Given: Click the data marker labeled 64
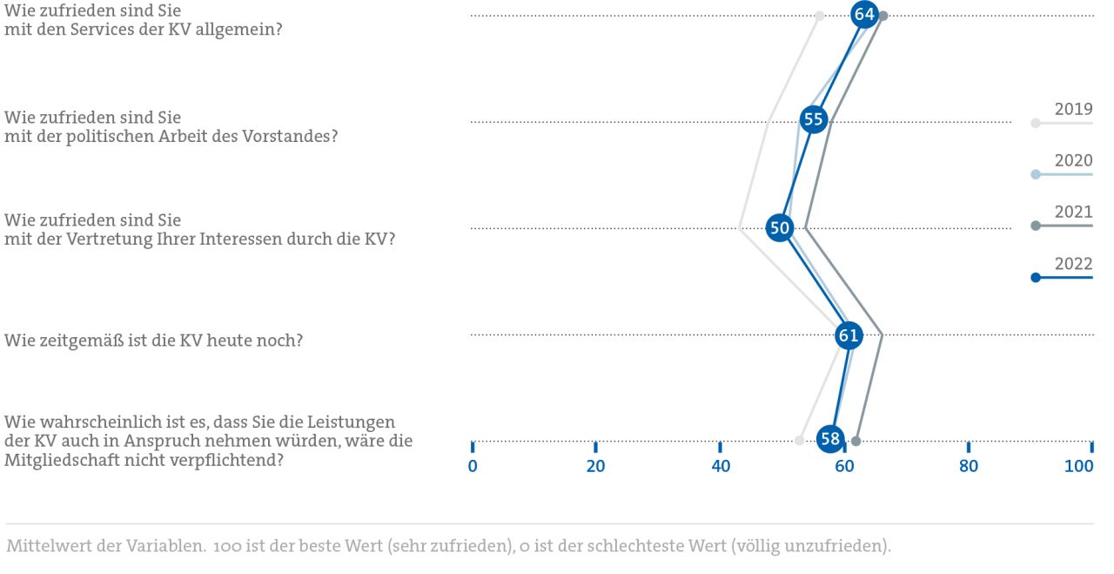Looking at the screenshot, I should click(x=864, y=15).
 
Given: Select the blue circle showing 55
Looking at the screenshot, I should click(x=813, y=120).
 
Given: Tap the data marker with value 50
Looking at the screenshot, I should click(x=780, y=228).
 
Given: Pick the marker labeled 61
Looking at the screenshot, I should click(x=849, y=335).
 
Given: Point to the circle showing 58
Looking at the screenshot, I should click(x=831, y=440).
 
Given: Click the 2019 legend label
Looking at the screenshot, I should click(x=1073, y=110).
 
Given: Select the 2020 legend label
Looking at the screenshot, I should click(x=1073, y=161).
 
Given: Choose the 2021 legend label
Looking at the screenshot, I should click(x=1073, y=213).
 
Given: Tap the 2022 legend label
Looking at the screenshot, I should click(x=1073, y=264).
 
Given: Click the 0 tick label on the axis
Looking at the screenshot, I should click(x=473, y=466).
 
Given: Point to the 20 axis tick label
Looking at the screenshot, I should click(x=595, y=466).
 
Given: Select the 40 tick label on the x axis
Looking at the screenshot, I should click(x=720, y=466).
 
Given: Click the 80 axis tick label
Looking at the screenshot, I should click(x=968, y=466).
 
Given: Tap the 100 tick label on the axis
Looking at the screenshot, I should click(x=1079, y=466).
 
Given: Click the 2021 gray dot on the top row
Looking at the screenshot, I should click(x=883, y=16).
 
